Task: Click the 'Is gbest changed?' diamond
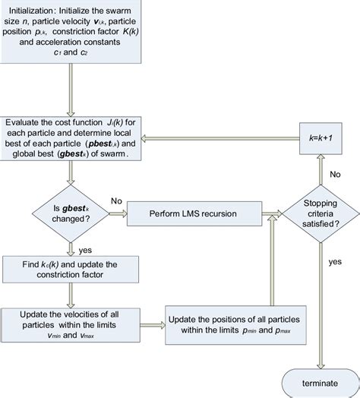[71, 206]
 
